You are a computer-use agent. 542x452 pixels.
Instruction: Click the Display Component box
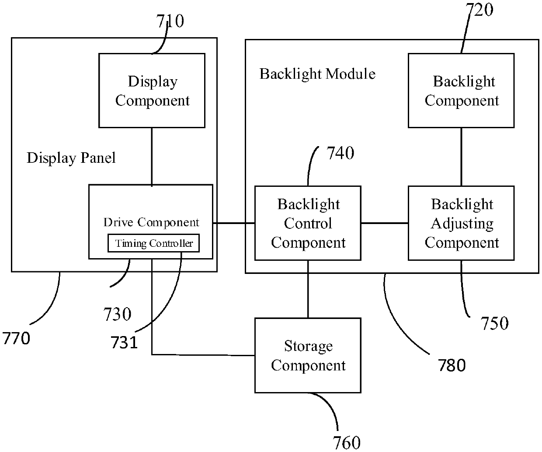(x=152, y=91)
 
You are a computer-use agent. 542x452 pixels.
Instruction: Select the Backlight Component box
(x=461, y=91)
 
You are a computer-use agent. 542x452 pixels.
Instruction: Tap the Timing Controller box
(x=154, y=243)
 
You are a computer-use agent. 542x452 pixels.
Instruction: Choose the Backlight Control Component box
(x=308, y=223)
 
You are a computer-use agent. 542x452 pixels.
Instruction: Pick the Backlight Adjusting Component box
(x=461, y=223)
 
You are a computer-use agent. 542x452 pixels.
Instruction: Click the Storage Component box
(x=308, y=355)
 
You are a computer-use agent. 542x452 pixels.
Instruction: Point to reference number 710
(x=170, y=21)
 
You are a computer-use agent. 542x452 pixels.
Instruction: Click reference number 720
(x=479, y=10)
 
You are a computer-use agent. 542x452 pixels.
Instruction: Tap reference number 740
(x=340, y=153)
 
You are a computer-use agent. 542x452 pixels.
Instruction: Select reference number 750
(x=495, y=323)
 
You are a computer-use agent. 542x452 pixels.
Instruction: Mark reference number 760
(x=347, y=443)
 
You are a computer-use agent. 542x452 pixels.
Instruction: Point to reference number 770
(x=16, y=338)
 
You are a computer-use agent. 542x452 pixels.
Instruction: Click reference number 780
(x=452, y=365)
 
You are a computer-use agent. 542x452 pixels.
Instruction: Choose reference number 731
(x=124, y=342)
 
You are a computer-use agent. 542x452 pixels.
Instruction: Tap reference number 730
(x=117, y=314)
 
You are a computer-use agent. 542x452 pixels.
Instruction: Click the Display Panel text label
(x=71, y=158)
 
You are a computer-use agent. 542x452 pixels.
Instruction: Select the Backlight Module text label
(x=317, y=74)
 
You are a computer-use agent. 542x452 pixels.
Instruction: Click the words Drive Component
(x=151, y=222)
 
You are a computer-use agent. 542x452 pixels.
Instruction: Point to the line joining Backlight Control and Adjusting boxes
(x=385, y=223)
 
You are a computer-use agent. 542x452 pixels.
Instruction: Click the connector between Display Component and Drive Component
(x=152, y=157)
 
